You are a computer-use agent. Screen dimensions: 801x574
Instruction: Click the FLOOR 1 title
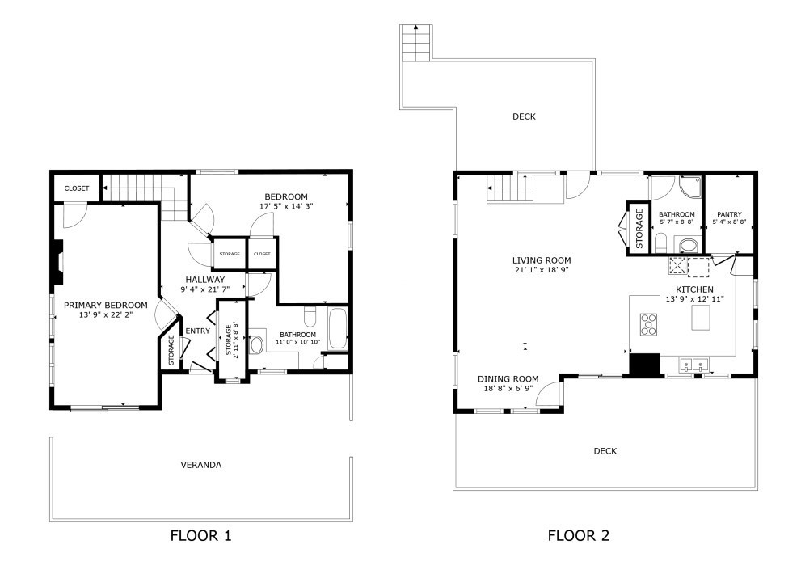pos(200,536)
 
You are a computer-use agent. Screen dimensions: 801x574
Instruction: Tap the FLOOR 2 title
pos(579,536)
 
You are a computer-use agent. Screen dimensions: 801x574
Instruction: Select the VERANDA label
pos(201,465)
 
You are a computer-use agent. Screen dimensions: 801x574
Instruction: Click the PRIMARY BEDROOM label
pos(106,305)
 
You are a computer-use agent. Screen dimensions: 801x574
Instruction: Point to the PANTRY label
pos(729,215)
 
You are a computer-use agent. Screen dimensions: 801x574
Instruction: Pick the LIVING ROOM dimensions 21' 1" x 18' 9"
pos(542,270)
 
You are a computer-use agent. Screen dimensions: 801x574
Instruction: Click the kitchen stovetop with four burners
pos(648,324)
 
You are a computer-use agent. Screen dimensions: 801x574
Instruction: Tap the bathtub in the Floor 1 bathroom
pos(337,328)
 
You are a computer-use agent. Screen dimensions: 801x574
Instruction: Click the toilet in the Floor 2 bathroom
pos(660,243)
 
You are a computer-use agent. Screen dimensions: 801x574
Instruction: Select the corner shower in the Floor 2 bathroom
pos(690,187)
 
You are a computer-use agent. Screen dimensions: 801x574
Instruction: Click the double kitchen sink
pos(693,365)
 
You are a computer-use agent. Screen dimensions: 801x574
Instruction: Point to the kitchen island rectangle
pos(701,318)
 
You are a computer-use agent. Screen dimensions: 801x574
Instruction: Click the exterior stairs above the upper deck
pos(416,42)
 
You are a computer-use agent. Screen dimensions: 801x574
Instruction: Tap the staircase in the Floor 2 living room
pos(509,188)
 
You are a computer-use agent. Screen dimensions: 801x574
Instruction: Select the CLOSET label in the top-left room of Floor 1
pos(77,188)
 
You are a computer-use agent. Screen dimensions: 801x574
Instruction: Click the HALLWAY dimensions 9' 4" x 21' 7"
pos(205,289)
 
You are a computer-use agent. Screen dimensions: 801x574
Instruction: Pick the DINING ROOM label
pos(508,378)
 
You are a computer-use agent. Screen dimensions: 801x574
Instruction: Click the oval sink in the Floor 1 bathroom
pos(256,344)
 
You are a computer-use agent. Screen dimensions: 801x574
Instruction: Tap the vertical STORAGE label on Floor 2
pos(639,228)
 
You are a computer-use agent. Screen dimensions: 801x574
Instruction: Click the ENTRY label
pos(198,331)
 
